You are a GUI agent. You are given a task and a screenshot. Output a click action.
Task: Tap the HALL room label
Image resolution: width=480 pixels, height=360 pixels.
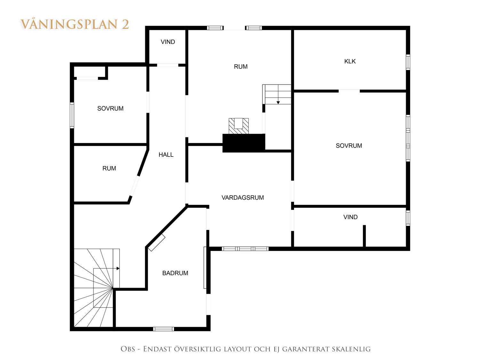coord(166,155)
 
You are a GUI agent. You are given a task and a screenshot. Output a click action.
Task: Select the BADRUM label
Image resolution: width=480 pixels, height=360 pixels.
coord(175,273)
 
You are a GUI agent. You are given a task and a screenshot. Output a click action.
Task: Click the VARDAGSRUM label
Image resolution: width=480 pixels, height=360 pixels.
coord(243,197)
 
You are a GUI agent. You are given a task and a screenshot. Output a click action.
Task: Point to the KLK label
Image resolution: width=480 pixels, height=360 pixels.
coord(350,61)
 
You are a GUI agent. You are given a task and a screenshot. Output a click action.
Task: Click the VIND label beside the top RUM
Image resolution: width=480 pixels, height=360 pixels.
coord(168,42)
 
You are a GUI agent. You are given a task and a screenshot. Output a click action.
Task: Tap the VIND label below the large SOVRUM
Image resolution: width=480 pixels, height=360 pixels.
coord(350,217)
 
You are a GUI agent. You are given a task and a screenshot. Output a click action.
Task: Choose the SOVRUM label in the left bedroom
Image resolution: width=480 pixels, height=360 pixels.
coord(110,108)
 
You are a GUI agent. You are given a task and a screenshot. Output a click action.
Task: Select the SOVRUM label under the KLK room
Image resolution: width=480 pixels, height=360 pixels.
coord(349,146)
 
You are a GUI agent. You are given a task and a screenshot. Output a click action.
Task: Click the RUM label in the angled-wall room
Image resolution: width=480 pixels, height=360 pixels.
coord(109,168)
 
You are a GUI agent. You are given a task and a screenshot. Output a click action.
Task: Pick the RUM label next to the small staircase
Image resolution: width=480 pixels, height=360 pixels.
coord(241,67)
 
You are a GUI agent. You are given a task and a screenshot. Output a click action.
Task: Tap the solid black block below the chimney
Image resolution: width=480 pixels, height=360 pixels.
coord(244,143)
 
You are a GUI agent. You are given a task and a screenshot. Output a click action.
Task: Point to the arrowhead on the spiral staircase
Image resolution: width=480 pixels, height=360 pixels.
coord(118,268)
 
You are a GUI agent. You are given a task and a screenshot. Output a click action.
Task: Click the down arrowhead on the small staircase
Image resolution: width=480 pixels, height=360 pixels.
coord(278,102)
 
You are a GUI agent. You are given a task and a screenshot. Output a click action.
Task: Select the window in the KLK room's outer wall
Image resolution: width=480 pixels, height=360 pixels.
coord(408,62)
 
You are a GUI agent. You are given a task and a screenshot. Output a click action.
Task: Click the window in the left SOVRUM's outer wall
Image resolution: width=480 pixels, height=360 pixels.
coord(72,115)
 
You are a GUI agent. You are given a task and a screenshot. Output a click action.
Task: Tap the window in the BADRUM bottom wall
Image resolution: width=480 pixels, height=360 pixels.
coord(164,329)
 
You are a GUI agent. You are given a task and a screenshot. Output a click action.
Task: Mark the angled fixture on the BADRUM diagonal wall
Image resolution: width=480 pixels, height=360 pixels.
coord(156,243)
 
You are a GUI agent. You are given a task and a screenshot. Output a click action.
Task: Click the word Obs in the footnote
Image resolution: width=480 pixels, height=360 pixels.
coord(128,349)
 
